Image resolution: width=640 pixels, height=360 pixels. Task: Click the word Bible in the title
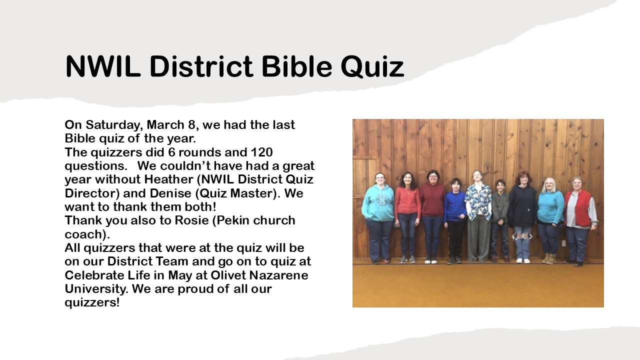pos(297,66)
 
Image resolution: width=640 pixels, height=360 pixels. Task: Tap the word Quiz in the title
pos(372,67)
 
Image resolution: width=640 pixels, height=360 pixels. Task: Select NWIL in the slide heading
pos(103,66)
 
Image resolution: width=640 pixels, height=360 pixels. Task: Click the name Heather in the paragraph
pos(168,179)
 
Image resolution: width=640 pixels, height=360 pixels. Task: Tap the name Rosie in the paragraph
pos(191,220)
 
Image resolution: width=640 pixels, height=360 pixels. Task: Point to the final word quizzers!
pos(92,303)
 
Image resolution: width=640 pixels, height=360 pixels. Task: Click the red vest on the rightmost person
pos(578,208)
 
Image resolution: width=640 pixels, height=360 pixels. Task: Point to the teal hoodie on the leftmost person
pos(378,202)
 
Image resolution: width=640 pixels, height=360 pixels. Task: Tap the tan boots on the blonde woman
pos(549,258)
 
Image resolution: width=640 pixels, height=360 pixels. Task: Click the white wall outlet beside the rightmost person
pos(563,243)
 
